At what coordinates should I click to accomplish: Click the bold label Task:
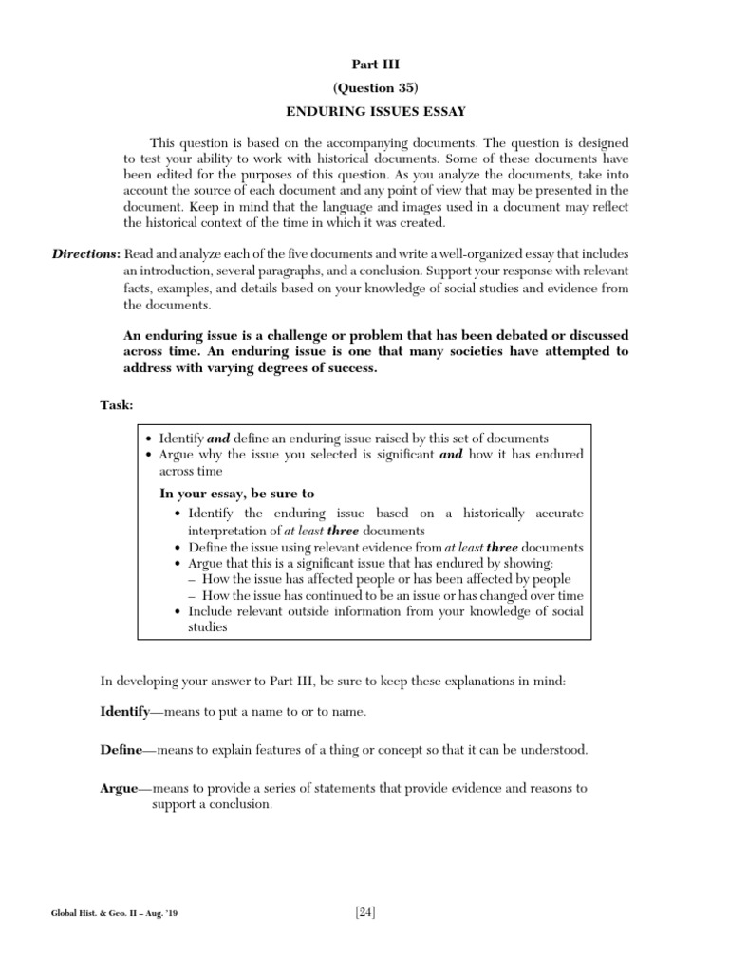[x=117, y=405]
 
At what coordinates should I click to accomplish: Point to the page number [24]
[x=365, y=913]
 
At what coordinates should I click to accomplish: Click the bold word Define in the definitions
[x=121, y=750]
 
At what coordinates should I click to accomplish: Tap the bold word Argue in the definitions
[x=120, y=788]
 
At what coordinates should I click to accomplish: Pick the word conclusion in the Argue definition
[x=243, y=804]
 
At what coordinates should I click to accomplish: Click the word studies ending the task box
[x=210, y=627]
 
